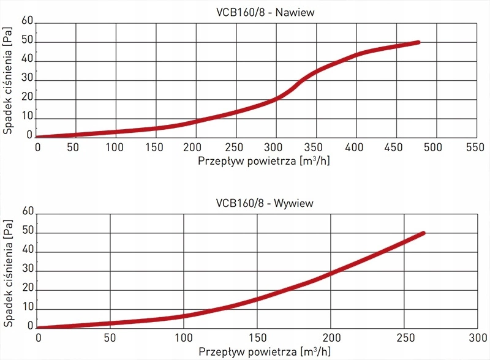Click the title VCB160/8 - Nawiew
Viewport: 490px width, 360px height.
pyautogui.click(x=257, y=11)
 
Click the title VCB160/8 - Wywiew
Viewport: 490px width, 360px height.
pyautogui.click(x=257, y=203)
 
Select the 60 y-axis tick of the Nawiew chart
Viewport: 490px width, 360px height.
pyautogui.click(x=26, y=21)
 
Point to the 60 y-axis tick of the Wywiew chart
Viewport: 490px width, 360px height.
pyautogui.click(x=26, y=211)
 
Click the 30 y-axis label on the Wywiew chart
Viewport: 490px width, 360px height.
pyautogui.click(x=26, y=270)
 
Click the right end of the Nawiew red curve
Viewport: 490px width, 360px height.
pyautogui.click(x=418, y=42)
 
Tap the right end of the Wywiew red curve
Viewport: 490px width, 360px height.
pyautogui.click(x=423, y=233)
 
